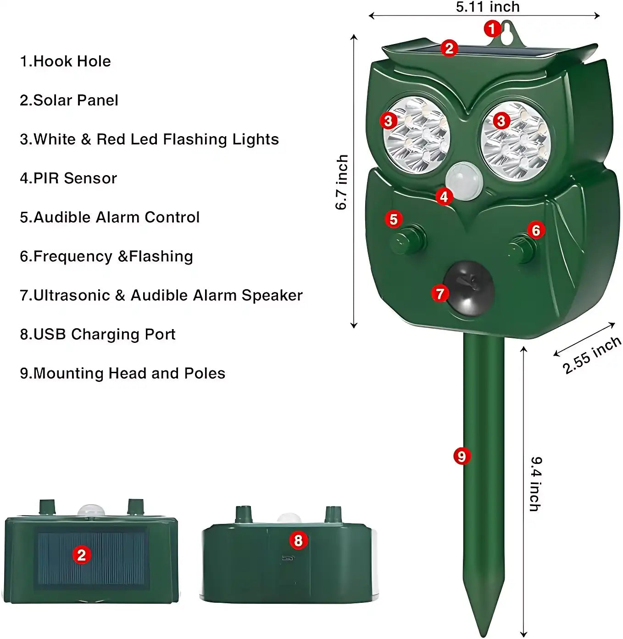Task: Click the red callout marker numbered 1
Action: (x=492, y=29)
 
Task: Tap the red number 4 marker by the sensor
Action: (x=444, y=197)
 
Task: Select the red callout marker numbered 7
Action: (x=440, y=293)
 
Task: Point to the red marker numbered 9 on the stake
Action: (x=462, y=456)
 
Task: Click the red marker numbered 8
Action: (x=298, y=540)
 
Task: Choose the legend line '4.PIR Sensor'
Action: (x=68, y=178)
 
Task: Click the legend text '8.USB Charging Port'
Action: (x=97, y=334)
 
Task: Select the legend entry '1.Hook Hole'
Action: (x=65, y=61)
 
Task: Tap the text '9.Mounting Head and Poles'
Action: (x=122, y=373)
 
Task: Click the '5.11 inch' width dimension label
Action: (x=487, y=7)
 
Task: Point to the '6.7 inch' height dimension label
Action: (x=342, y=182)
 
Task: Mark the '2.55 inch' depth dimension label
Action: (x=592, y=355)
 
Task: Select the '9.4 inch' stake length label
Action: (x=535, y=484)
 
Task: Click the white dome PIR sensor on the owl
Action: (x=464, y=181)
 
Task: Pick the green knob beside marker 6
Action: (x=522, y=248)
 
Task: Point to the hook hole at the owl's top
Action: (x=506, y=33)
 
